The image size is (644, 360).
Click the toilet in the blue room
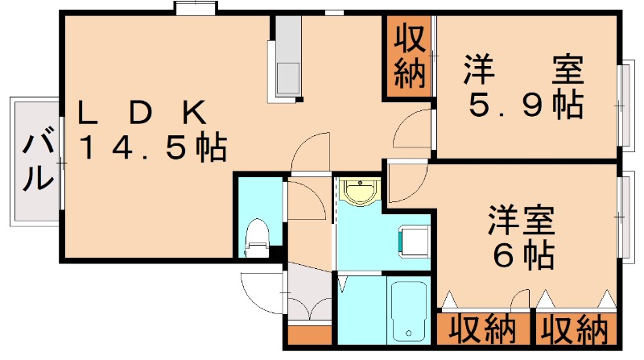point(257,238)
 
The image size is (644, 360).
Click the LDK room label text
point(142,113)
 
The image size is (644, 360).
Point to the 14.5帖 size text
point(153,147)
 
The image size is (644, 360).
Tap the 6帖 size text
point(523,254)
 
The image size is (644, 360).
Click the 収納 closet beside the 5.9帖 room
point(409,58)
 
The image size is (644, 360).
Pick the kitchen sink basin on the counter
point(288,78)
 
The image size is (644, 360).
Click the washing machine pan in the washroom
point(414,242)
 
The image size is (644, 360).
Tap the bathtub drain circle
point(408,333)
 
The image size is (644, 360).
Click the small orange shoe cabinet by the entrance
point(310,335)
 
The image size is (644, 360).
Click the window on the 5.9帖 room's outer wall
point(625,106)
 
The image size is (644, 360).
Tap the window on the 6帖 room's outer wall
point(625,217)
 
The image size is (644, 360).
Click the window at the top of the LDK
point(196,8)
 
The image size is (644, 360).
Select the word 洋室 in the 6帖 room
point(521,220)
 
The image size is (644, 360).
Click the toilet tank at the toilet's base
point(256,250)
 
